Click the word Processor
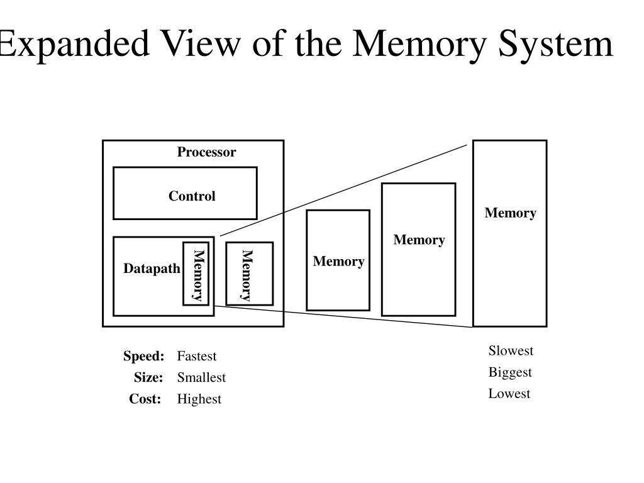pyautogui.click(x=206, y=152)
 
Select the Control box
pyautogui.click(x=185, y=193)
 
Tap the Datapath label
pyautogui.click(x=152, y=269)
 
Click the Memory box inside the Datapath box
pyautogui.click(x=196, y=274)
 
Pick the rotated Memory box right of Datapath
pyautogui.click(x=249, y=274)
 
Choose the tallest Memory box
pyautogui.click(x=509, y=233)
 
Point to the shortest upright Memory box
pyautogui.click(x=338, y=260)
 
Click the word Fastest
pyautogui.click(x=196, y=357)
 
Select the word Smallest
pyautogui.click(x=201, y=378)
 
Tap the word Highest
pyautogui.click(x=199, y=399)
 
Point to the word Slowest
pyautogui.click(x=511, y=351)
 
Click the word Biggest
pyautogui.click(x=510, y=372)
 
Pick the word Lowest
pyautogui.click(x=509, y=394)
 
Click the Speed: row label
pyautogui.click(x=143, y=357)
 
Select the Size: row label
pyautogui.click(x=148, y=378)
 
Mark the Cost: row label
pyautogui.click(x=145, y=399)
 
